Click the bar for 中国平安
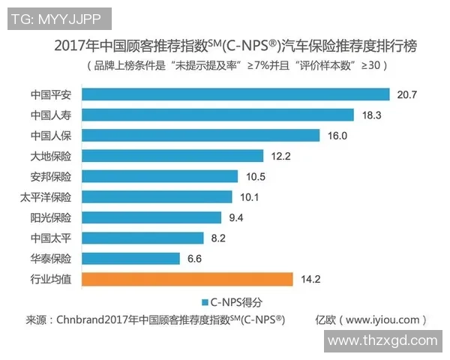tap(235, 94)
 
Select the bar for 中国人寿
tap(217, 115)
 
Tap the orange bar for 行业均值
tap(187, 279)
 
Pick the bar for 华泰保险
tap(130, 259)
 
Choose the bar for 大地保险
tap(172, 156)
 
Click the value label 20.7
tap(407, 94)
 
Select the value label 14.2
tap(310, 279)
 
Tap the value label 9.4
tap(238, 217)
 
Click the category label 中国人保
tap(51, 136)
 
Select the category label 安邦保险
tap(51, 177)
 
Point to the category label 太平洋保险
tap(46, 197)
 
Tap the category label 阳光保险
tap(51, 217)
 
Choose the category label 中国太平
tap(51, 238)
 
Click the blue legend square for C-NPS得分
tap(203, 301)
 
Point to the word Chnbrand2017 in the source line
tap(94, 319)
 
